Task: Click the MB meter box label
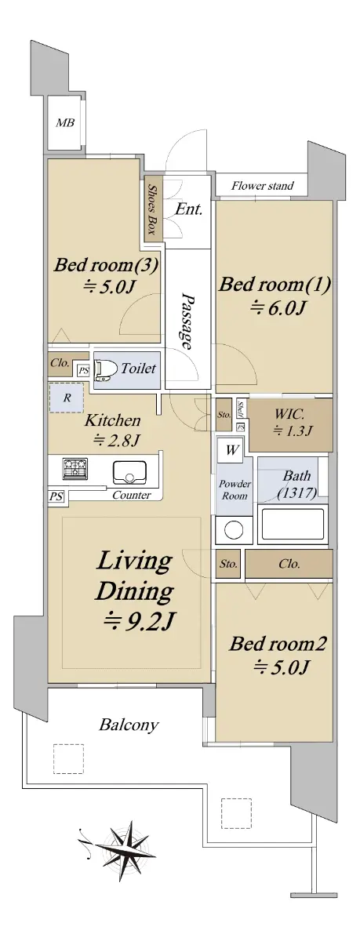click(x=66, y=122)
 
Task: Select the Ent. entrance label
click(x=188, y=209)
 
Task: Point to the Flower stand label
click(x=263, y=185)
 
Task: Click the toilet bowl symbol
click(x=104, y=369)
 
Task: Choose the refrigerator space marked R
click(x=67, y=397)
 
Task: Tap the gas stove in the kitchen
click(x=75, y=469)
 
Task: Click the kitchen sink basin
click(x=129, y=472)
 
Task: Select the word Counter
click(x=132, y=495)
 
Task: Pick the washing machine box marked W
click(x=231, y=450)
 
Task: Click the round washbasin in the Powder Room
click(x=234, y=530)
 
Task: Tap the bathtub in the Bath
click(x=293, y=524)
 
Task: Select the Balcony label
click(x=129, y=725)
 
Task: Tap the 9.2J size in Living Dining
click(x=140, y=621)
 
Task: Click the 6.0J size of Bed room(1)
click(x=277, y=308)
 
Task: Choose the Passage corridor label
click(x=187, y=322)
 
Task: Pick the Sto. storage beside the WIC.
click(x=224, y=415)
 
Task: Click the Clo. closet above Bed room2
click(x=289, y=563)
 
